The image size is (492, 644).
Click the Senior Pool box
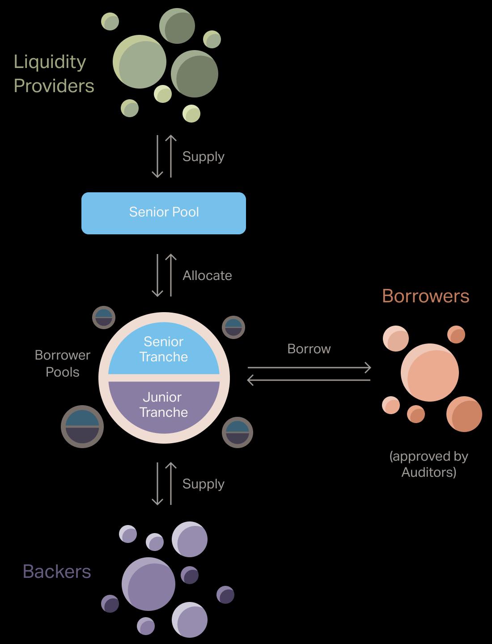(164, 213)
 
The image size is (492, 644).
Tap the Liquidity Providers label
(54, 74)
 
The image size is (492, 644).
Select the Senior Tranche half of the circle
(164, 349)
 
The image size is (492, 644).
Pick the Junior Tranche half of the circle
(164, 405)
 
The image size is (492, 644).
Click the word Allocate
(207, 275)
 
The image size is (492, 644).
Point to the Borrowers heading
(425, 296)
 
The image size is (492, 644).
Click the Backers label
(57, 572)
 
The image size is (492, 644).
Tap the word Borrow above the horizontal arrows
(309, 349)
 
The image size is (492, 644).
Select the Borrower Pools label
(63, 364)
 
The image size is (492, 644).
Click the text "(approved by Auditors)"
(428, 464)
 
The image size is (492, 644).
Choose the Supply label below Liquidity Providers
(203, 157)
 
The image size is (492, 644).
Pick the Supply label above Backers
(203, 484)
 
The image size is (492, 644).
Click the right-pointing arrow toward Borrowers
(309, 368)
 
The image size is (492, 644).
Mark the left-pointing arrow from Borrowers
(309, 380)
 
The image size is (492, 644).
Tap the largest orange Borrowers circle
(429, 373)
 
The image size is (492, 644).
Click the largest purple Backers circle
(148, 584)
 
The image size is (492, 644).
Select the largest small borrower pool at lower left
(82, 427)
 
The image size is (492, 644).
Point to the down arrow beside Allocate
(157, 275)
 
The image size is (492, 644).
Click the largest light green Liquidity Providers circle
(140, 62)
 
